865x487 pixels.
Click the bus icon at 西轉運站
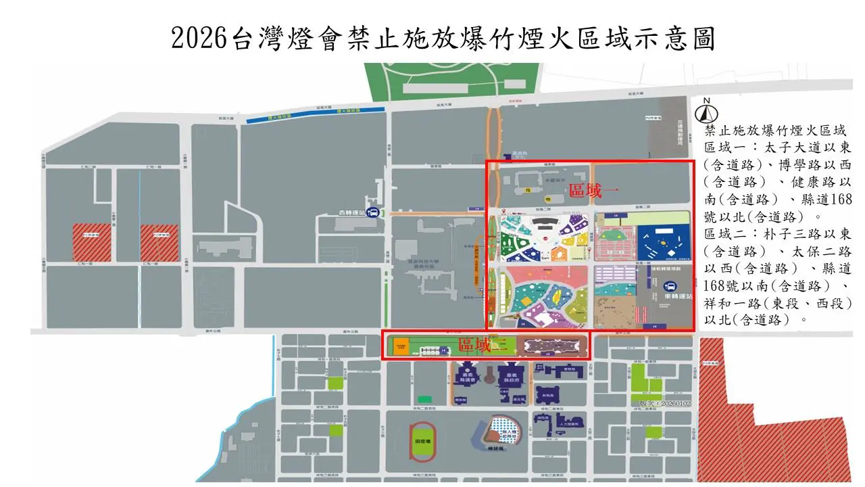pos(372,211)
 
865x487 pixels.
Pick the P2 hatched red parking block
pos(159,242)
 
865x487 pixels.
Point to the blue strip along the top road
pos(316,115)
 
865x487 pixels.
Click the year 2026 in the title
pos(197,39)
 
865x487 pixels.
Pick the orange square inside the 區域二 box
pos(401,346)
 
